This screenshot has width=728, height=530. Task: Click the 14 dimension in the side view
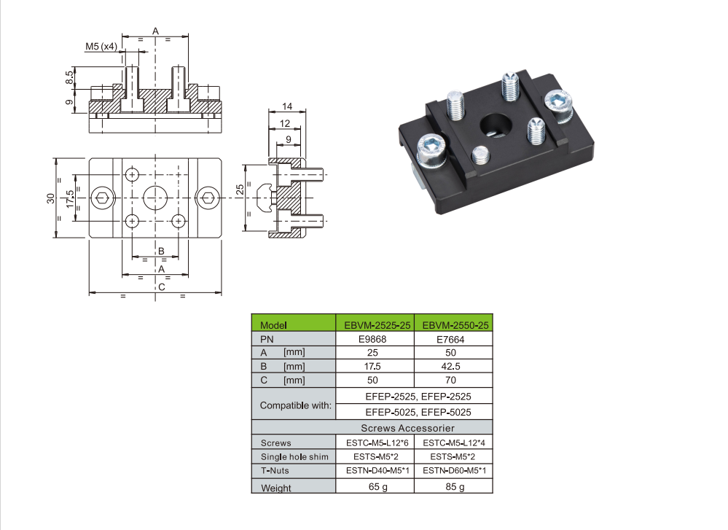[286, 107]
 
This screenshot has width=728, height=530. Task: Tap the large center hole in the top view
[155, 197]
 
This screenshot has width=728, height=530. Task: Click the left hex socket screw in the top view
[103, 197]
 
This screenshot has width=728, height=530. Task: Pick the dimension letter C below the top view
[161, 287]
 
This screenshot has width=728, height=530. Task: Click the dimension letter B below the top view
[161, 252]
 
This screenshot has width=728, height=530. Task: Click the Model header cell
[275, 325]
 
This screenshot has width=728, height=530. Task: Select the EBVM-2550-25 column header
[455, 325]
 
